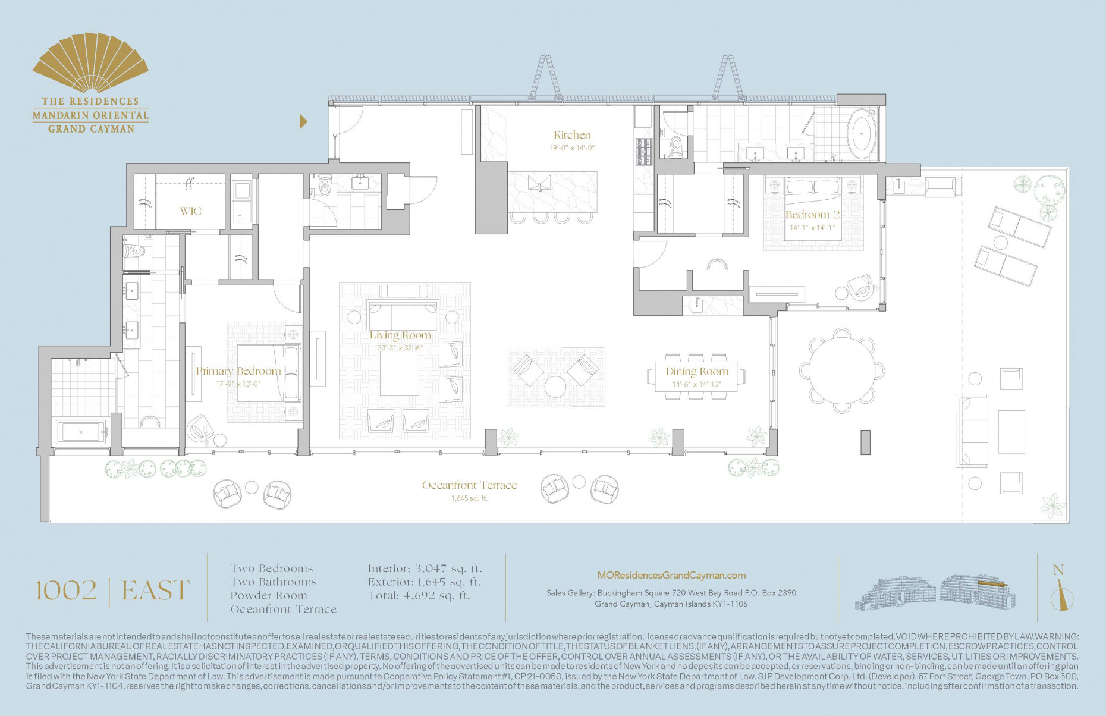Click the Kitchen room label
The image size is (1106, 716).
[x=572, y=135]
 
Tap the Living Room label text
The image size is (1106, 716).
[x=400, y=335]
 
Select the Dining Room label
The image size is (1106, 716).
[x=696, y=371]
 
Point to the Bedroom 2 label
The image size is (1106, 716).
[x=812, y=215]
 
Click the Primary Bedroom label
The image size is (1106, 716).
[x=238, y=370]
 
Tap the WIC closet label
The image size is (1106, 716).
[x=191, y=211]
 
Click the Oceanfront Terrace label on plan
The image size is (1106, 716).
[x=469, y=485]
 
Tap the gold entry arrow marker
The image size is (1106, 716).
[x=303, y=122]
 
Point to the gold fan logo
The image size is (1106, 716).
[x=90, y=64]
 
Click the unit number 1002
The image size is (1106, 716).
[x=66, y=591]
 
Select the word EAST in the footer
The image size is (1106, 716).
[x=155, y=591]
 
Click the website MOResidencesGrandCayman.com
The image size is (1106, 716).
[x=671, y=575]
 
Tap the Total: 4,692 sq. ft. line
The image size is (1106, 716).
[x=419, y=595]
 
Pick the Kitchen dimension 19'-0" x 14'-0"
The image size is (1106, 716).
[x=572, y=148]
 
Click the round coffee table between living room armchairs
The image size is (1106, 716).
[x=555, y=387]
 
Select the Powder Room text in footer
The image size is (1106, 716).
[x=269, y=595]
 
